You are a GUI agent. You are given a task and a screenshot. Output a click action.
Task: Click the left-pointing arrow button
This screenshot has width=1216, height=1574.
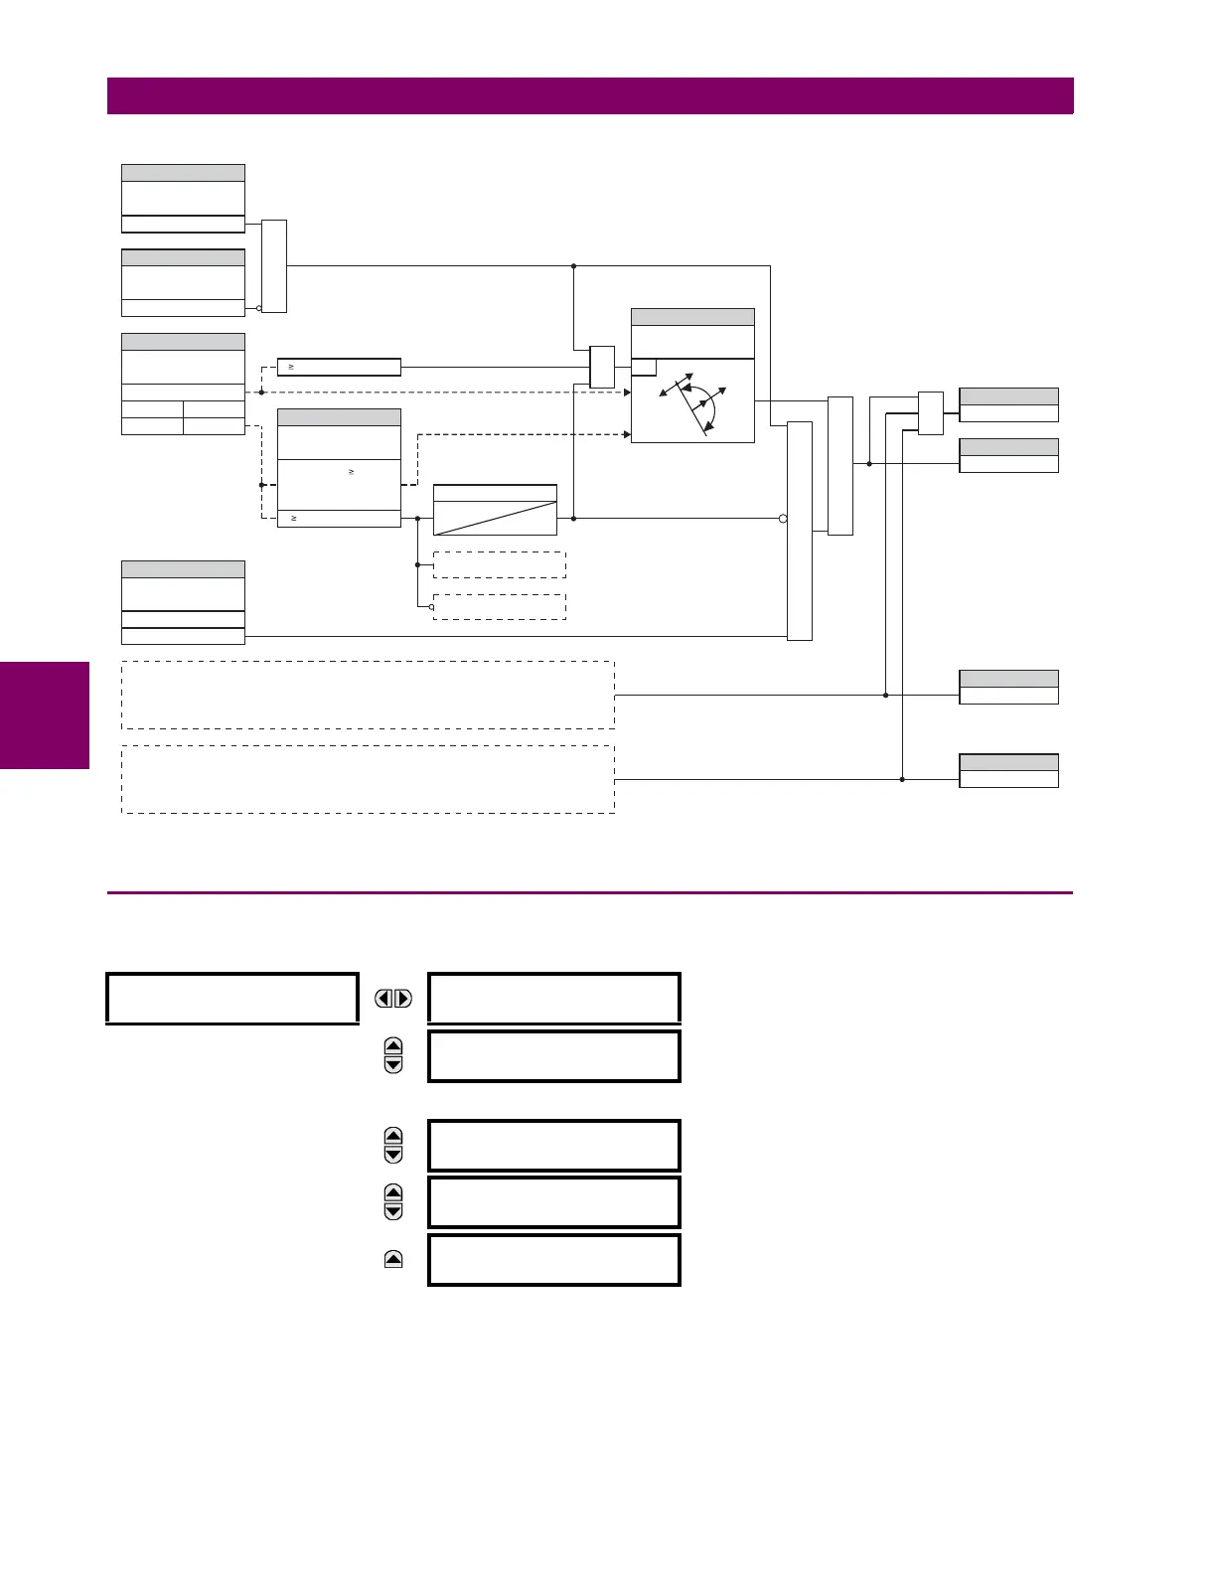[383, 999]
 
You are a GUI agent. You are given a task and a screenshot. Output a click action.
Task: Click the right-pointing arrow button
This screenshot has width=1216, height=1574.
[403, 999]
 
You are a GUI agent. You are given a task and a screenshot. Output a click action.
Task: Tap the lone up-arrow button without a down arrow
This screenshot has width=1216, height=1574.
[393, 1260]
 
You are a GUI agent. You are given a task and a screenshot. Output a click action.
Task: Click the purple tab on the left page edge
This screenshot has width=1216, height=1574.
[45, 715]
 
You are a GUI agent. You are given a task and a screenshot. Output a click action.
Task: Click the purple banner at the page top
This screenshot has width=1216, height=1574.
[590, 96]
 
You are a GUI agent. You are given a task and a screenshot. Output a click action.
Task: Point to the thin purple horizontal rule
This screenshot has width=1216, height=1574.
[590, 893]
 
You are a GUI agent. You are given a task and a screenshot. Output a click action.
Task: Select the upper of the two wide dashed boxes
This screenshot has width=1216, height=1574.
[368, 695]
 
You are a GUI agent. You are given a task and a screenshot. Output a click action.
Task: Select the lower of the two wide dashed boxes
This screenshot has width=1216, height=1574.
[368, 779]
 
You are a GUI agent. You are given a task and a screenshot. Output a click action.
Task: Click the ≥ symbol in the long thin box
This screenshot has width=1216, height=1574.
[292, 368]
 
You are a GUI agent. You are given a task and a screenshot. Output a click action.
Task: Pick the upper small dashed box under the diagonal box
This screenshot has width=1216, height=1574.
[500, 564]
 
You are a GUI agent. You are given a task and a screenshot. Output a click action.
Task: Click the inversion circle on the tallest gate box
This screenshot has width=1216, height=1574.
[783, 518]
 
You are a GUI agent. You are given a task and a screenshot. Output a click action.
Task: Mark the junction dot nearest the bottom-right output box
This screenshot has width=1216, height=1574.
[902, 779]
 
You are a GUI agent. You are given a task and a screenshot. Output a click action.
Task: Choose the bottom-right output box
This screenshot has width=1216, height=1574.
[1008, 771]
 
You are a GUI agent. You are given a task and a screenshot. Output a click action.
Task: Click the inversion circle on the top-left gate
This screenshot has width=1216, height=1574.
[258, 308]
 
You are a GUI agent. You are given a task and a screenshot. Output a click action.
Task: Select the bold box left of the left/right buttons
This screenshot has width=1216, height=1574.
[231, 999]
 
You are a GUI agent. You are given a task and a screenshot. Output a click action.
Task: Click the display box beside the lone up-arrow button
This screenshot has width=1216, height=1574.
[554, 1260]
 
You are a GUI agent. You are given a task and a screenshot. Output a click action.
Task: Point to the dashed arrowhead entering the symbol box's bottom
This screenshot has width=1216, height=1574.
[627, 434]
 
